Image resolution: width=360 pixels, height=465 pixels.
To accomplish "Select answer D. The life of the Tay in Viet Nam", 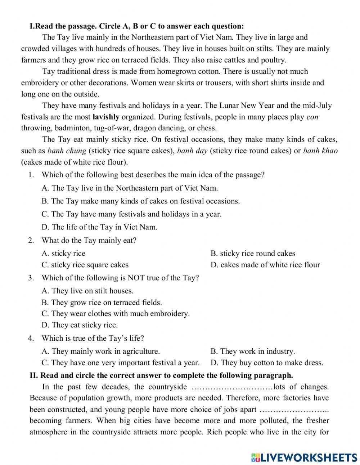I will [x=99, y=227].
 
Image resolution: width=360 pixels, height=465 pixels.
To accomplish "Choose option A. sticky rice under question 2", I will [x=64, y=254].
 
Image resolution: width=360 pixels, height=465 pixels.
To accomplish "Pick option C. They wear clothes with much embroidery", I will [x=116, y=314].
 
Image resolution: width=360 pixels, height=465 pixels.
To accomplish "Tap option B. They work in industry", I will [x=253, y=352].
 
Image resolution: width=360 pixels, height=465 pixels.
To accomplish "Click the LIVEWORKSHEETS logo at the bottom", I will [x=304, y=457].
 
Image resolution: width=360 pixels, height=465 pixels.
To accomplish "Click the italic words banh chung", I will [x=67, y=151].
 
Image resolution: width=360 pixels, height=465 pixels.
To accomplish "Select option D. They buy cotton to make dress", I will [x=267, y=363].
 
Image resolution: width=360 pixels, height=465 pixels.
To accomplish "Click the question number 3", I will [x=31, y=278].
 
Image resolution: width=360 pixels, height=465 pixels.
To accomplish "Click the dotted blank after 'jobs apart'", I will [x=294, y=410].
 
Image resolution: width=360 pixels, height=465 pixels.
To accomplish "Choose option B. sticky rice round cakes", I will [x=253, y=254].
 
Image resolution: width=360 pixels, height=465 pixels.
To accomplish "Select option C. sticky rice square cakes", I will [x=85, y=265].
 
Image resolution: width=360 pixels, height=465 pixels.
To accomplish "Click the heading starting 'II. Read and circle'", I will [x=161, y=375].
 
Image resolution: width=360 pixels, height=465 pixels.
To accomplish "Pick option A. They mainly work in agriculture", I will [x=101, y=352].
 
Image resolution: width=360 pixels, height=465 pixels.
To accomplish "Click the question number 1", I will [x=31, y=175].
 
